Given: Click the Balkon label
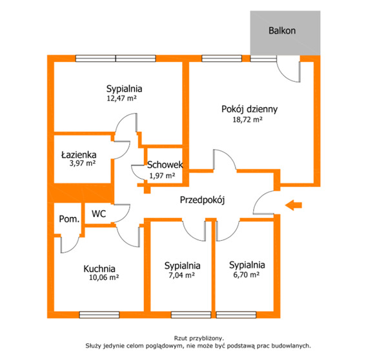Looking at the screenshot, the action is click(282, 31).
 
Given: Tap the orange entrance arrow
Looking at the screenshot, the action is click(293, 205).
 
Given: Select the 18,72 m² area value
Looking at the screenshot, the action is click(247, 119).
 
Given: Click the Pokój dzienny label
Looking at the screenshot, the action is click(250, 109).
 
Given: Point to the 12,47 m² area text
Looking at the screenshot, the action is click(121, 98).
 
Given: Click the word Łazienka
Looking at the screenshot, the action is click(79, 155).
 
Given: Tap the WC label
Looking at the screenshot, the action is click(99, 214).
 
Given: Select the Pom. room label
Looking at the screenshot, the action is click(69, 219).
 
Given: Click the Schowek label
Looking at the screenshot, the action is click(165, 165).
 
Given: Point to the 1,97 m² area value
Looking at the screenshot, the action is click(162, 175).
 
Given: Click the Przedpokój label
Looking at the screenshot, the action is click(203, 200).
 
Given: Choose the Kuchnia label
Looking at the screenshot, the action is click(99, 268).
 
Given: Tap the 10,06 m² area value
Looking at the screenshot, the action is click(104, 277).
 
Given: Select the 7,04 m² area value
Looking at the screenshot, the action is click(181, 275).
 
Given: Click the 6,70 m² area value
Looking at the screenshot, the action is click(247, 274).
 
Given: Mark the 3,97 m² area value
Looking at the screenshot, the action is click(83, 163).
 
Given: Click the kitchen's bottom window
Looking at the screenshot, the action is click(99, 315).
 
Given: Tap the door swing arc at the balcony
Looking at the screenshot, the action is click(287, 71).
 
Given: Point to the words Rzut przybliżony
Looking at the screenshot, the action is click(199, 338).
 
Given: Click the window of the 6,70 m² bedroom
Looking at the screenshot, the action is click(236, 315).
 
